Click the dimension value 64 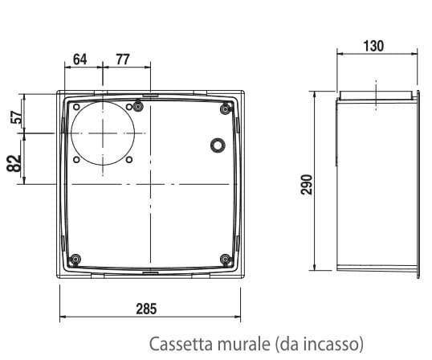coord(79,59)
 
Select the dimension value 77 coord(122,59)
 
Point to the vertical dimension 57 coord(14,118)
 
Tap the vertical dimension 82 coord(14,162)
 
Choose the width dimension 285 coord(146,309)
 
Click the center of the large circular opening coord(104,134)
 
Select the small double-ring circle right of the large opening coord(217,145)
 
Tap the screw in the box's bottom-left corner coord(75,259)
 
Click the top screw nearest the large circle coord(139,106)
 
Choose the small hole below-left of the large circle coord(75,159)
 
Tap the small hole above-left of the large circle coord(75,106)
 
